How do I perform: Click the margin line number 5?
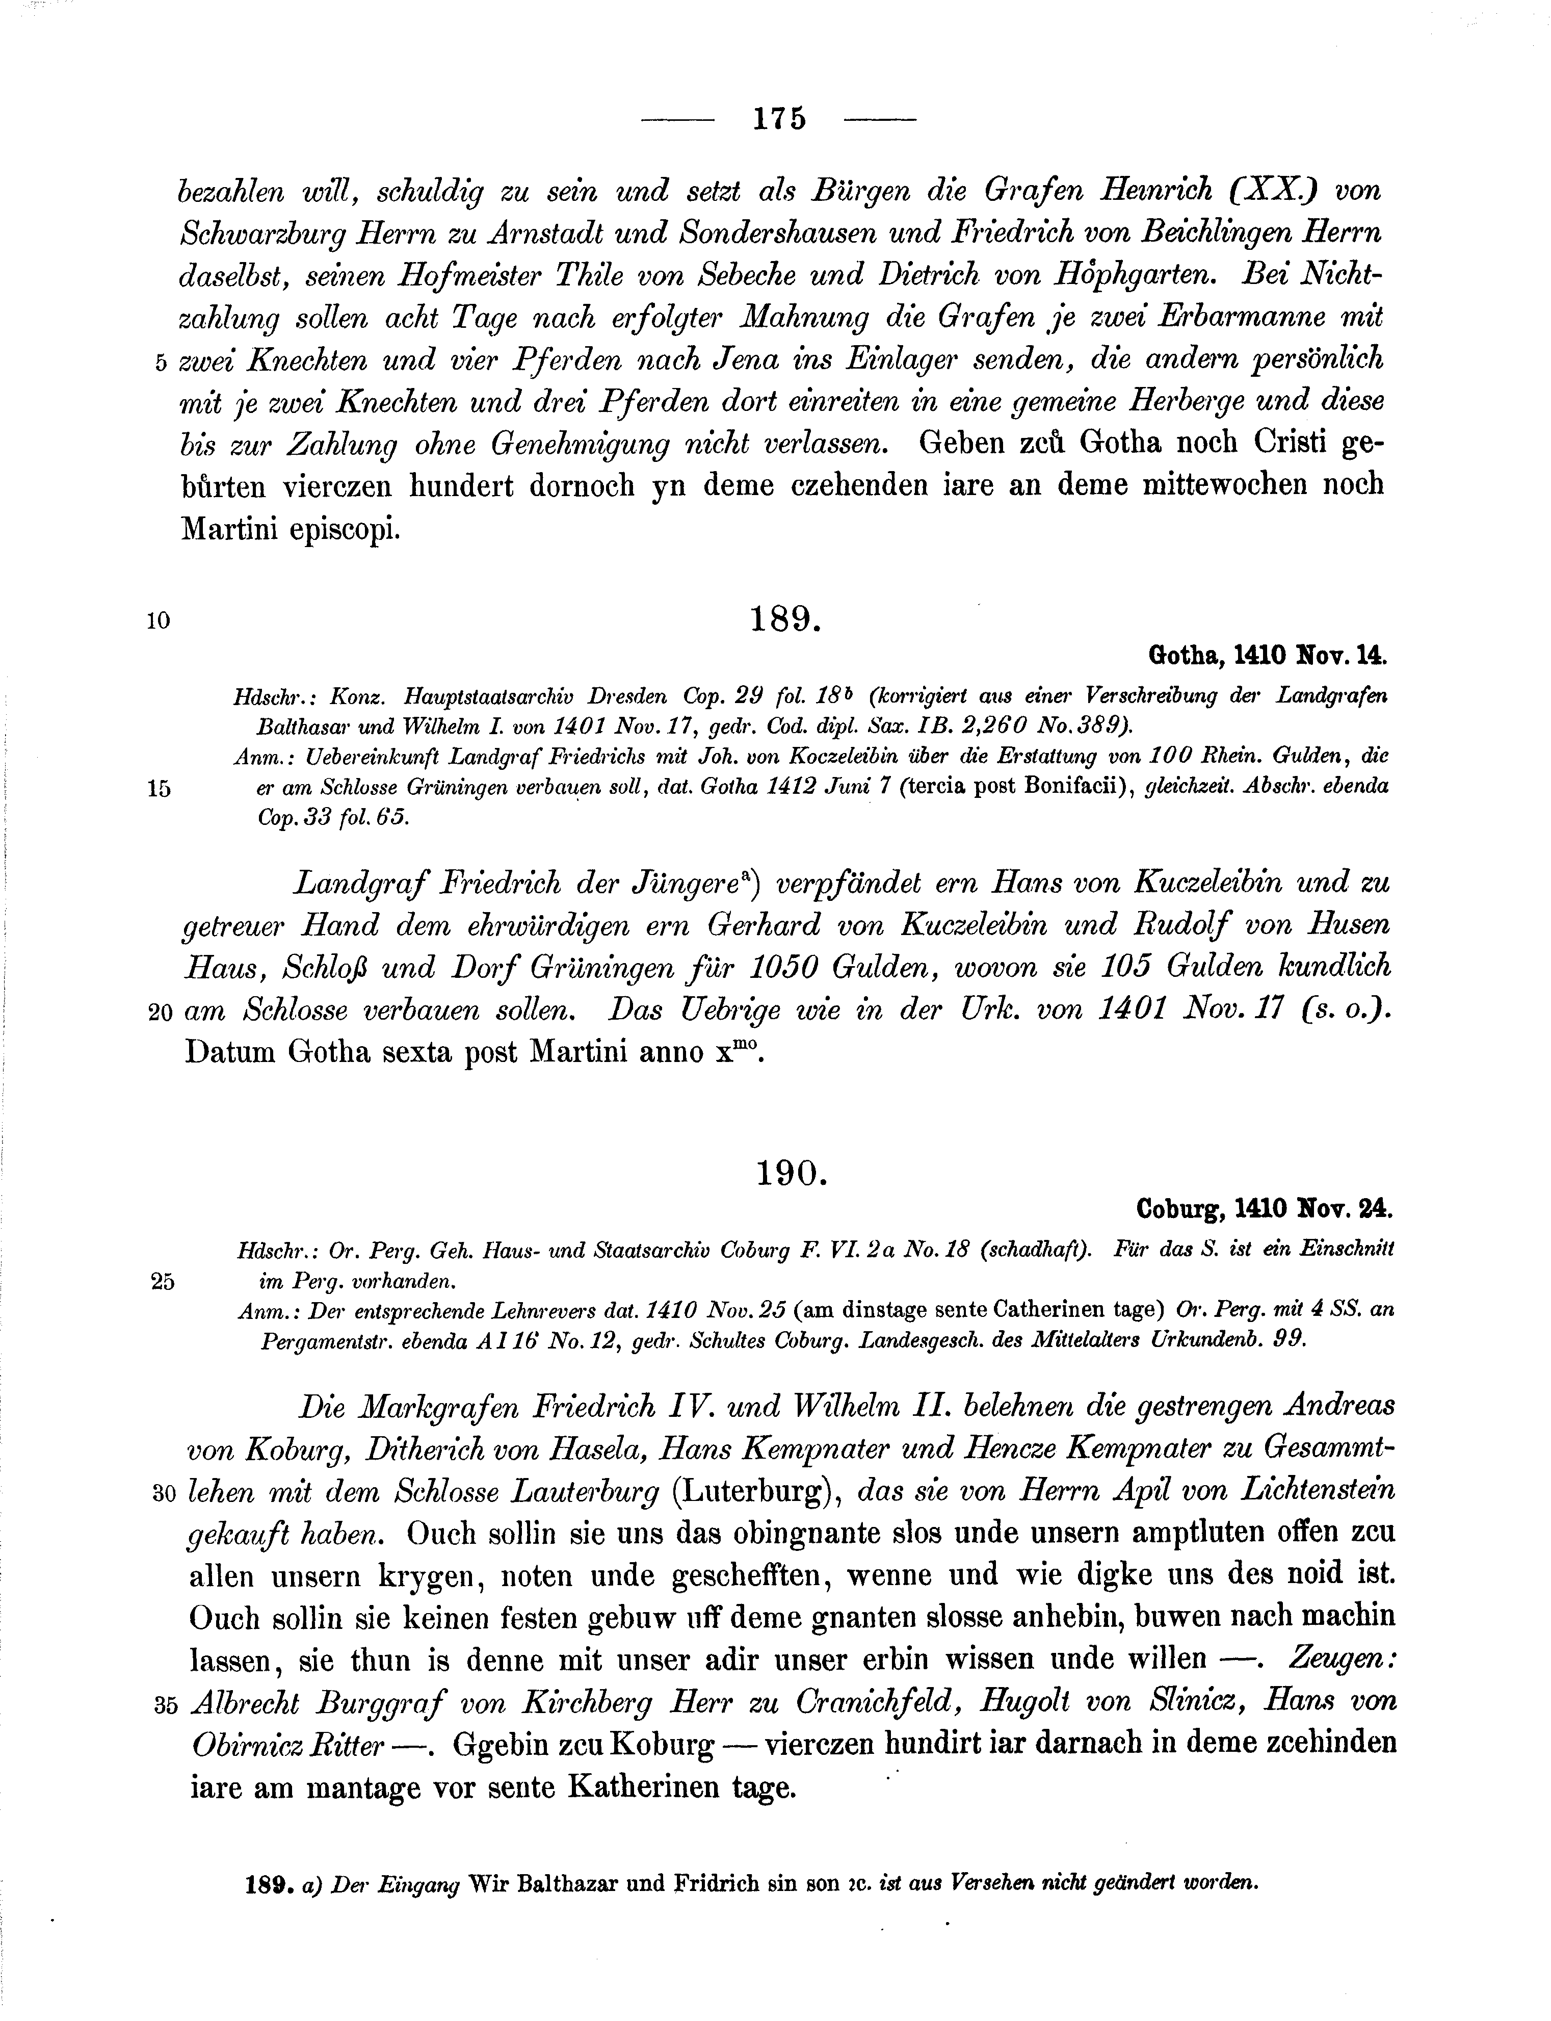click(x=161, y=363)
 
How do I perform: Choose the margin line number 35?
click(x=165, y=1706)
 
